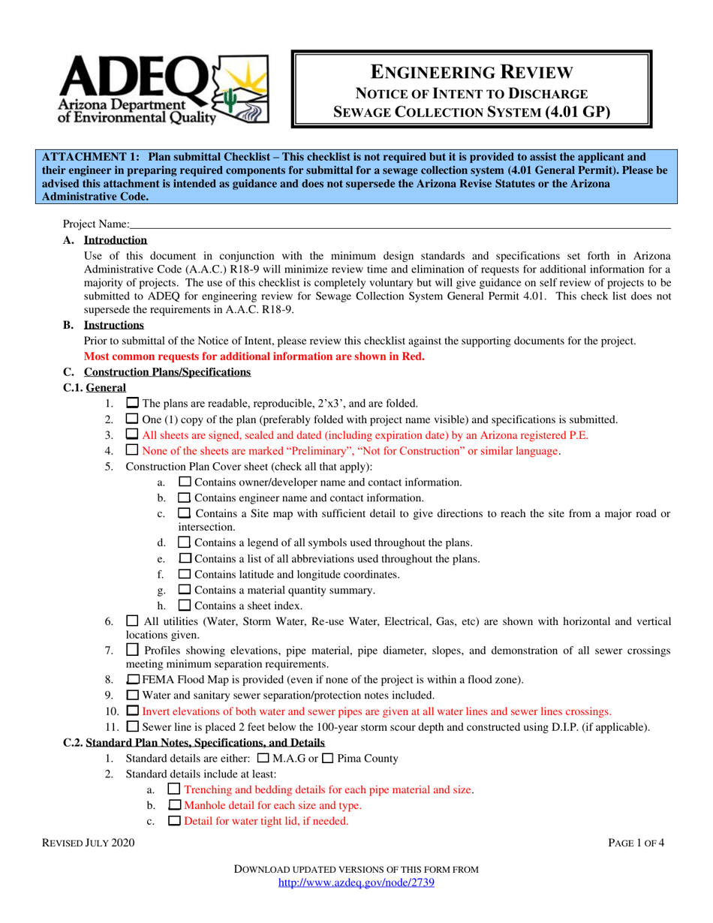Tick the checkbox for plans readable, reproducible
[133, 403]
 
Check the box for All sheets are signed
[133, 434]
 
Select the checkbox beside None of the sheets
[133, 450]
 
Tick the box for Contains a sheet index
[184, 606]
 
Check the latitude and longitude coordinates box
[184, 575]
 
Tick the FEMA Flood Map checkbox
[133, 680]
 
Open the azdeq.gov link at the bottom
[356, 883]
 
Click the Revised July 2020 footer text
[89, 843]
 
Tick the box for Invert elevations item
[133, 711]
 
